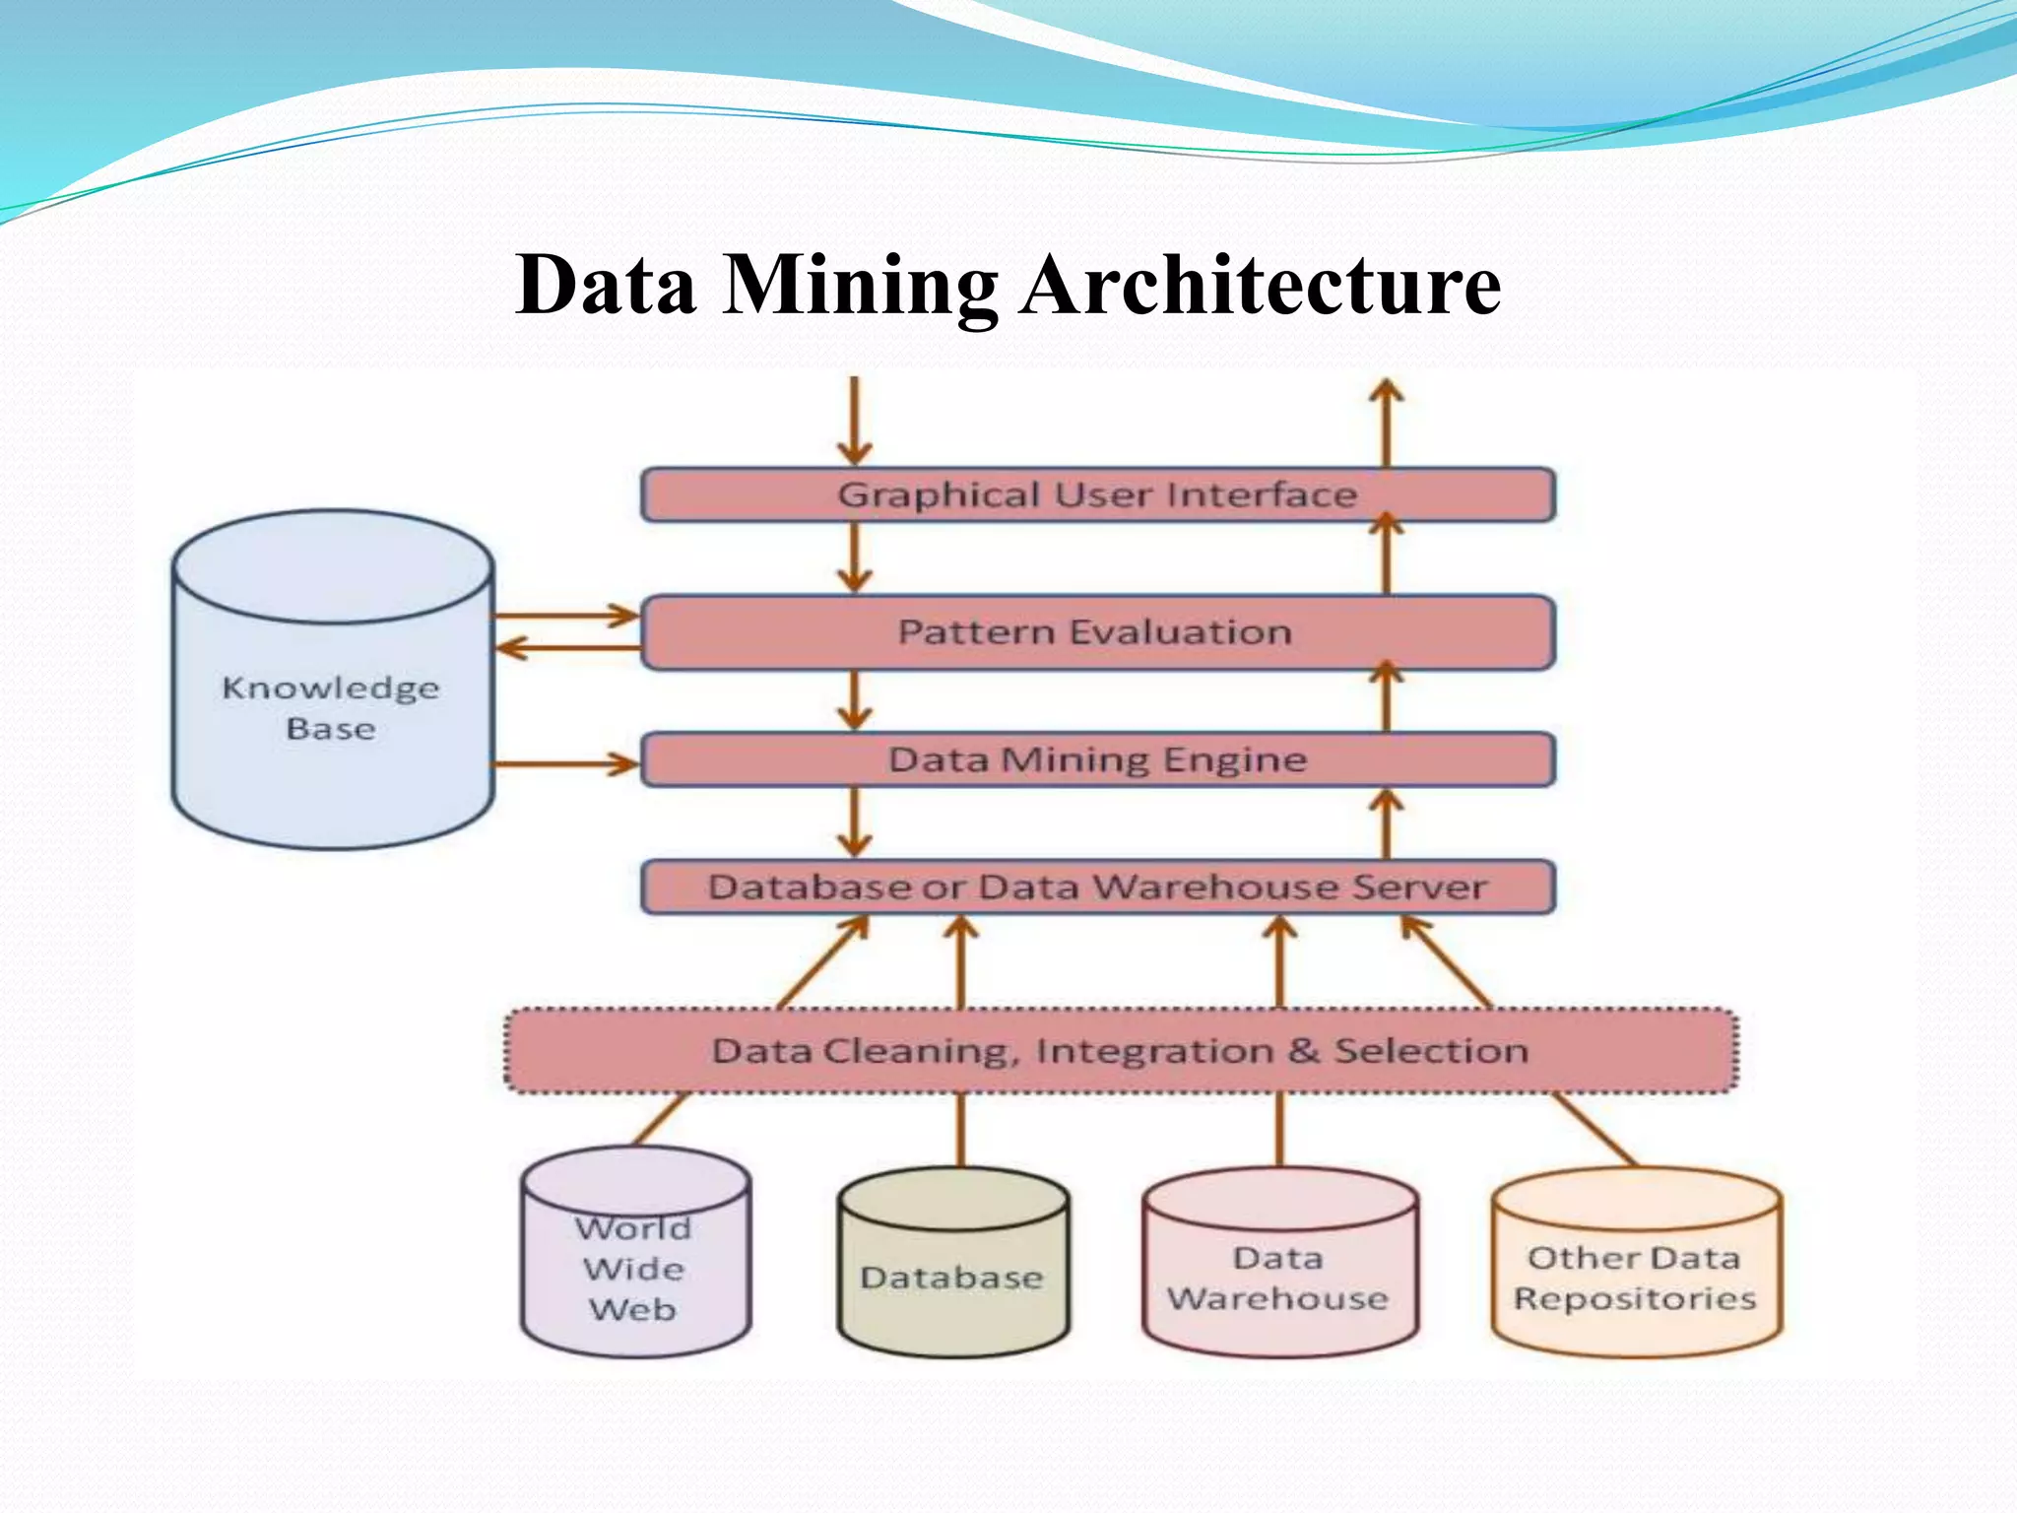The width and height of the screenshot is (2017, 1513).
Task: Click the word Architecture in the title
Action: [x=1260, y=286]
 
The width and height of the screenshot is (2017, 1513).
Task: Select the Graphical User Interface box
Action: [x=1097, y=494]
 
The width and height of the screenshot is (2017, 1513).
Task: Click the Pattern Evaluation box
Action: [x=1097, y=632]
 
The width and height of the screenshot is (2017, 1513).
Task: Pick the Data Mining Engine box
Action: [x=1097, y=759]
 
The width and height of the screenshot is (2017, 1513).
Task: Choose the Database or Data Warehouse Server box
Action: [x=1097, y=888]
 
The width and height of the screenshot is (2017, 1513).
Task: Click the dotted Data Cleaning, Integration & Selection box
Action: [x=1121, y=1051]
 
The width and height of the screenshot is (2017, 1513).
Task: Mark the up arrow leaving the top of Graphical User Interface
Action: [x=1387, y=424]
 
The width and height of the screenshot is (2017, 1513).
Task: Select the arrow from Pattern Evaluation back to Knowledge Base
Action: [x=566, y=648]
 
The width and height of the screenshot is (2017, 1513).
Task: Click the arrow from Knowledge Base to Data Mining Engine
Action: [x=566, y=764]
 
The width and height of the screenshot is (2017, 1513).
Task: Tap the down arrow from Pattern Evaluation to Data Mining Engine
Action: [x=855, y=700]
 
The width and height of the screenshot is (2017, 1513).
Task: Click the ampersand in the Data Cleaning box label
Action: [x=1303, y=1051]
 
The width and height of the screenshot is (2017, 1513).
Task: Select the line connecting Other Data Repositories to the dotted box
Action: [x=1595, y=1129]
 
